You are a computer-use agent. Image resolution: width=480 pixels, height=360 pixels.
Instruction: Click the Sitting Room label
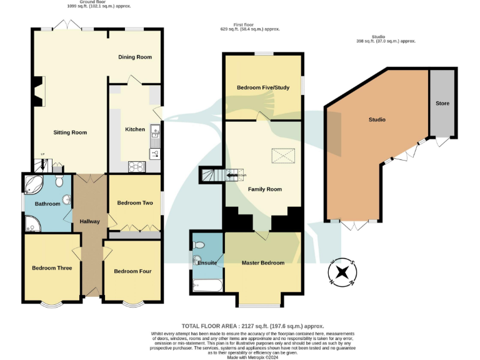click(x=69, y=132)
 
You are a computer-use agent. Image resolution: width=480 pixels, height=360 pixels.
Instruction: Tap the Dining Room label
click(x=135, y=57)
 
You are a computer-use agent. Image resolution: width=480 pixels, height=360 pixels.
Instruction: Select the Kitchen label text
click(x=135, y=129)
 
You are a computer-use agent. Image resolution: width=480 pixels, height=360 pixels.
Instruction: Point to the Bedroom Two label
click(x=135, y=203)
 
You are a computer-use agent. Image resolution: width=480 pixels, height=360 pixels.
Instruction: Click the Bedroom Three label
click(x=52, y=268)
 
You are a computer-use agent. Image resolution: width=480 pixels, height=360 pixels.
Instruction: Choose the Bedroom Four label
click(x=132, y=271)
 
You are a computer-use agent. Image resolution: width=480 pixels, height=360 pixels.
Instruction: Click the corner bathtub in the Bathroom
click(x=32, y=184)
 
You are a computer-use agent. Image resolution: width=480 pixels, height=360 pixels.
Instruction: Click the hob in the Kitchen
click(x=136, y=166)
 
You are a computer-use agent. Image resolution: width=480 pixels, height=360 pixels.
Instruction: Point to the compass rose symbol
click(x=342, y=272)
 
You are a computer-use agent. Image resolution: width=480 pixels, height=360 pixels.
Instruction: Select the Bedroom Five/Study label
click(x=262, y=87)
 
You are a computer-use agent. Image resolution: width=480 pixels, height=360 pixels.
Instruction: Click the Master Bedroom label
click(x=263, y=263)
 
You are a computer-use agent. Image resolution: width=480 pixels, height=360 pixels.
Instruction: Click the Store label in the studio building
click(x=442, y=103)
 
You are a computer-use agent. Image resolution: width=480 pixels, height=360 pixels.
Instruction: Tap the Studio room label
click(x=377, y=119)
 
